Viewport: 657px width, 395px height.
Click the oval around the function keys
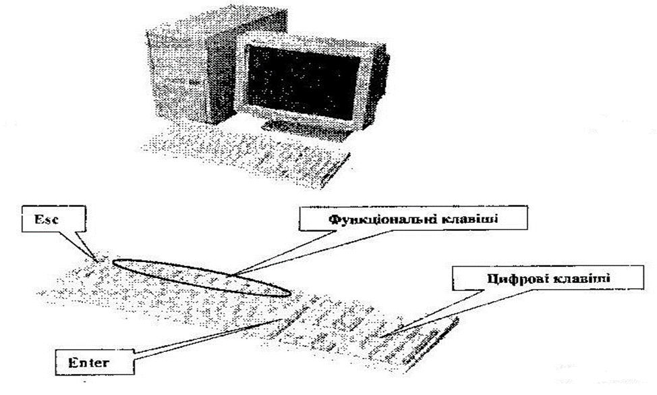pyautogui.click(x=202, y=278)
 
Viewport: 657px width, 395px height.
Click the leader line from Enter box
pyautogui.click(x=202, y=341)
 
